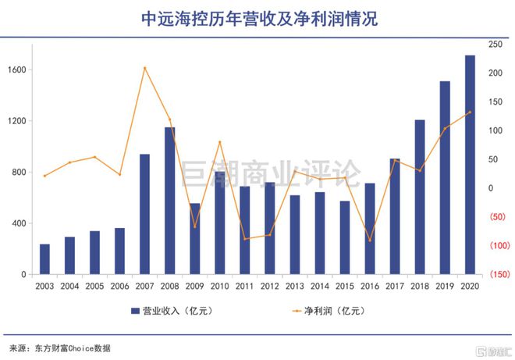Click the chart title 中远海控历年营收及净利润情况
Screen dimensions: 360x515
click(257, 19)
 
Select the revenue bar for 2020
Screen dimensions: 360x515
click(470, 165)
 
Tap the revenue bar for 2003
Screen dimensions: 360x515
click(44, 259)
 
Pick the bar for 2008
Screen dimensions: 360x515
click(169, 201)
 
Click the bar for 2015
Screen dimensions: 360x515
click(345, 237)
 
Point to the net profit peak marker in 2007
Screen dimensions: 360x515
click(144, 68)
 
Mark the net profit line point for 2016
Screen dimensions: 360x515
click(370, 241)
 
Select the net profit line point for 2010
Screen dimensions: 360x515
click(219, 142)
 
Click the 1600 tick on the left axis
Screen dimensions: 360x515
click(16, 70)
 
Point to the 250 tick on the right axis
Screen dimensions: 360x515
click(495, 45)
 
